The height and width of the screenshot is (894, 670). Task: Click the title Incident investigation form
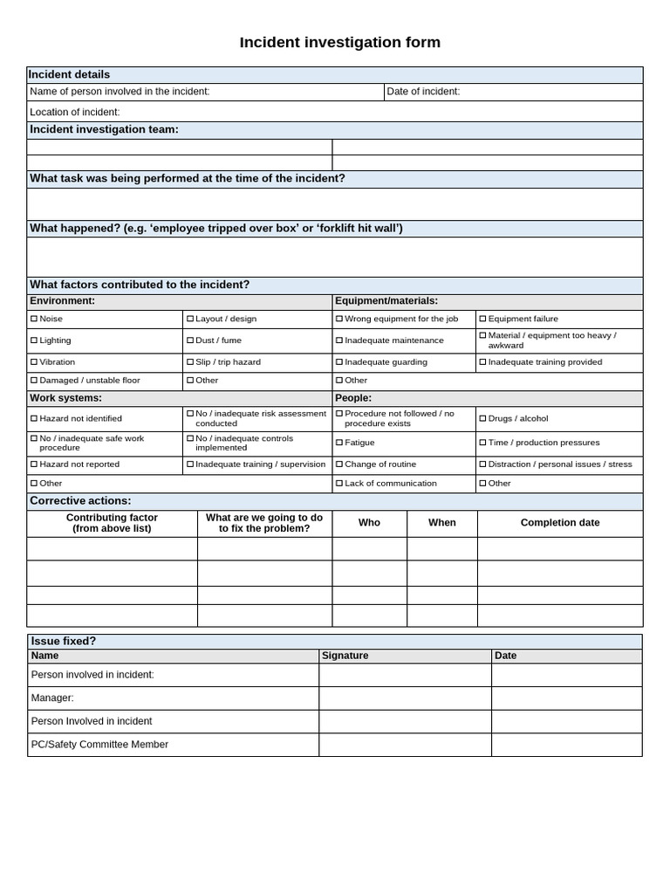point(339,43)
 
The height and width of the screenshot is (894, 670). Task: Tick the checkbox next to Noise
point(34,320)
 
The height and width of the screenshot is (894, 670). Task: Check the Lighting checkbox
point(34,340)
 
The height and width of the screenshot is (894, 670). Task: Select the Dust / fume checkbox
point(190,340)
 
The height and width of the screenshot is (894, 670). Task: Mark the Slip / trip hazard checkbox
point(190,362)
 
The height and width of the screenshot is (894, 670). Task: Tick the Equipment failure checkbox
point(482,320)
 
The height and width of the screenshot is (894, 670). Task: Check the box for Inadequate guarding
point(339,362)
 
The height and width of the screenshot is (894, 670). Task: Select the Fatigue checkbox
point(339,444)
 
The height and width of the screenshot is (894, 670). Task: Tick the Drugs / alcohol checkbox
point(482,419)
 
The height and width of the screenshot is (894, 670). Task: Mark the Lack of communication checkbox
point(339,484)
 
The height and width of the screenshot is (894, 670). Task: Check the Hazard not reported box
point(34,464)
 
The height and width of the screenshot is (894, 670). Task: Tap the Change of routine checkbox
point(339,464)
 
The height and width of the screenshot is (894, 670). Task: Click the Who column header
point(369,523)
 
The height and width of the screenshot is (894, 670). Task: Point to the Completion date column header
point(560,523)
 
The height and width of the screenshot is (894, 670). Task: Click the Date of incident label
point(423,92)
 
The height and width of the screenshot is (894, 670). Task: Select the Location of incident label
point(75,112)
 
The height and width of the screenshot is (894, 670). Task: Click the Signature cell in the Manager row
point(405,698)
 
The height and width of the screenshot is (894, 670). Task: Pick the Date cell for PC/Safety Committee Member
point(566,745)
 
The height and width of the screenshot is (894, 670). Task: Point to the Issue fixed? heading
point(64,641)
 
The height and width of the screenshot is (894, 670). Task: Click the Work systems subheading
point(65,398)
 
